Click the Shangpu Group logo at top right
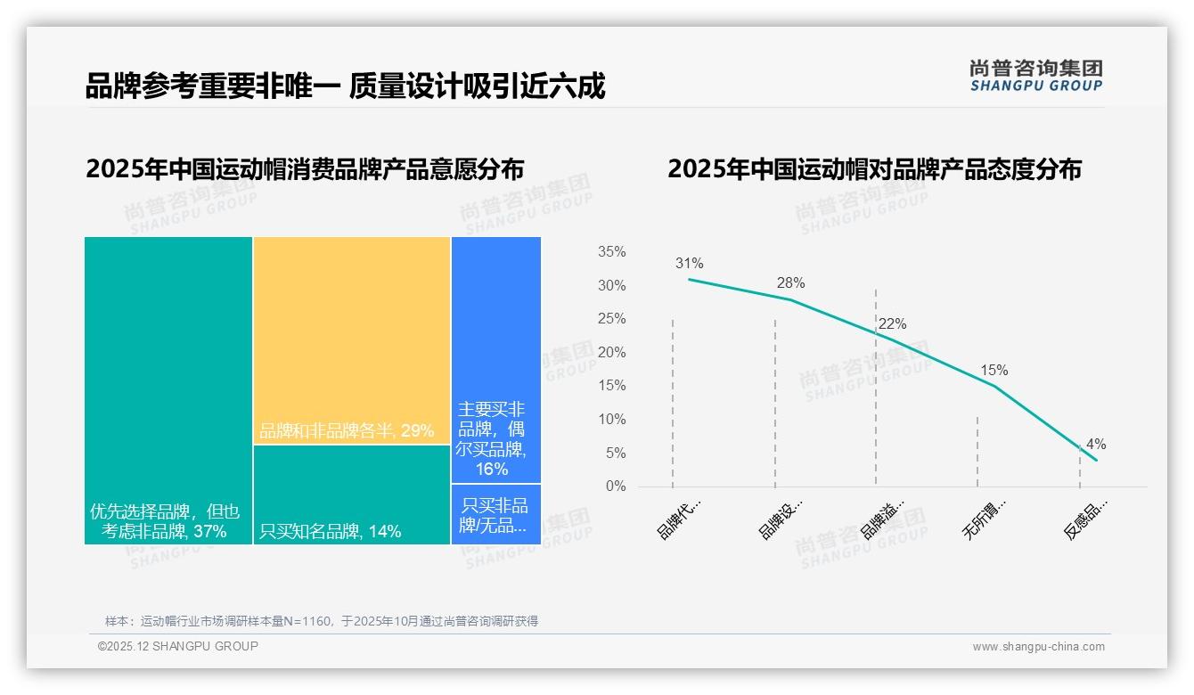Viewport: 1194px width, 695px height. coord(1035,76)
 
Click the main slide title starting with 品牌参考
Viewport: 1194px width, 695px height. coord(345,86)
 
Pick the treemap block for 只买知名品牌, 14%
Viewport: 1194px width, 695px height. coord(352,495)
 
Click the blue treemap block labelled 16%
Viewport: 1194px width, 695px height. coord(495,359)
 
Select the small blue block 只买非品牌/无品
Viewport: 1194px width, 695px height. coord(495,515)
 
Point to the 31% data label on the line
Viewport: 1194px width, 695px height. coord(689,264)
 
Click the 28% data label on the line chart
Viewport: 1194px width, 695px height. coord(790,283)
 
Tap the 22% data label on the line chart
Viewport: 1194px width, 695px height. coord(892,324)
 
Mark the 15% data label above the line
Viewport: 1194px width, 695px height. coord(994,371)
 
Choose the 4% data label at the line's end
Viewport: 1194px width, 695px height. coord(1096,445)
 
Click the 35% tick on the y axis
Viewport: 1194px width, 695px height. coord(611,252)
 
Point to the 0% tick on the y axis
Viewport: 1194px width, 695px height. coord(615,487)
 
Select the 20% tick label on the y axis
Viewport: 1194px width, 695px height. coord(611,353)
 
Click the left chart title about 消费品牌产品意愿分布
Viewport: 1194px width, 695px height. coord(305,169)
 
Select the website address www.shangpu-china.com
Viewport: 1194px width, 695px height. coord(1038,647)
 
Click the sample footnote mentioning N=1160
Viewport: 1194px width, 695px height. coord(322,621)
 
